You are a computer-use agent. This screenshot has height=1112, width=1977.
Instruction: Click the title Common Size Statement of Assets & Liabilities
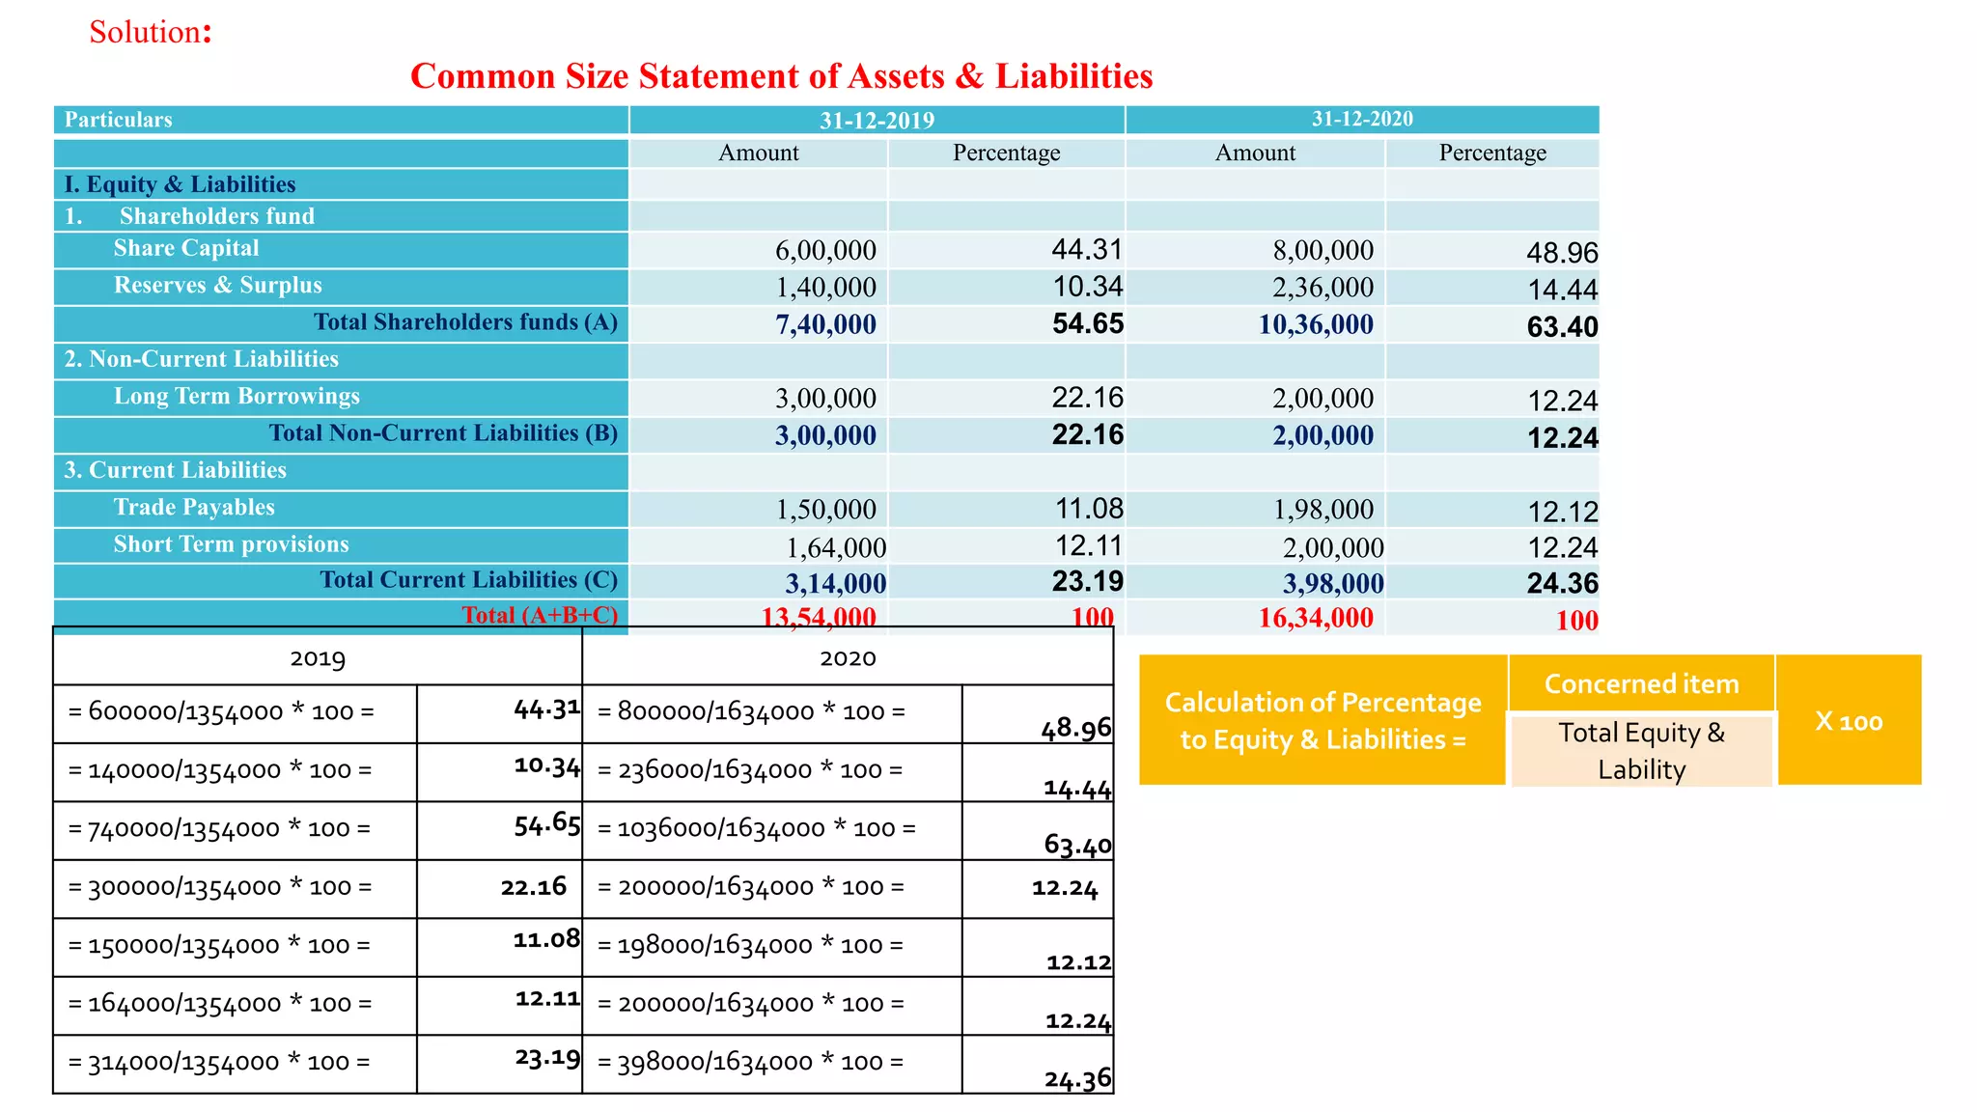(781, 76)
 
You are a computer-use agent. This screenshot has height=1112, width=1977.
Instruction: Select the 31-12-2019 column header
(877, 120)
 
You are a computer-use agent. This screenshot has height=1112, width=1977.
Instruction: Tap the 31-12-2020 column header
(1361, 119)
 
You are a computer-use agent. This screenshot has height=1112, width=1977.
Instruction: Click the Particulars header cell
(118, 120)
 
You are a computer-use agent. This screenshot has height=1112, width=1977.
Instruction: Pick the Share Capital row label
(186, 248)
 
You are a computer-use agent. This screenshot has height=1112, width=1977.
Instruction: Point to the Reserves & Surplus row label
(217, 285)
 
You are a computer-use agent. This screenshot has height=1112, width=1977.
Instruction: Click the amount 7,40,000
(825, 324)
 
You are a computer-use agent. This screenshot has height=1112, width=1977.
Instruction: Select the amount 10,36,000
(1315, 324)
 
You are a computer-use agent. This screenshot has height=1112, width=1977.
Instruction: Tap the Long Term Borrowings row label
(237, 396)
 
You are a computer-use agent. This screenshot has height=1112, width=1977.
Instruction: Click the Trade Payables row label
(194, 507)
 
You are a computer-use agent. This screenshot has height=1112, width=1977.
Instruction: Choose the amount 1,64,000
(835, 548)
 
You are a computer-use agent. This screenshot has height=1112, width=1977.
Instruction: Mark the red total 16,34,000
(1315, 618)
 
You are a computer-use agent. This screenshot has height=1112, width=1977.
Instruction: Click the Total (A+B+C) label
(539, 615)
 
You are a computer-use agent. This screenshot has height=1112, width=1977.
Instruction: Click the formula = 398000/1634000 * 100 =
(750, 1063)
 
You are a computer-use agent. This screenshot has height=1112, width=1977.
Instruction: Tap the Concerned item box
(1641, 683)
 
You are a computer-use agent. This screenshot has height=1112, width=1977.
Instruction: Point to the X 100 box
(1849, 721)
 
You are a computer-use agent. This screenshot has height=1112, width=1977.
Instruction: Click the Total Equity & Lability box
(1641, 751)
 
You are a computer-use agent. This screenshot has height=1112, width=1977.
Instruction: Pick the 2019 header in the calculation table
(318, 658)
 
